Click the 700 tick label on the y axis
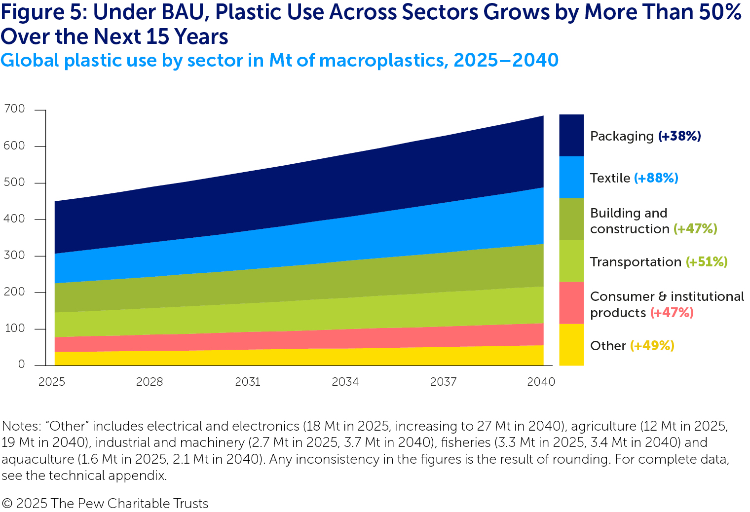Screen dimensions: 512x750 (14, 109)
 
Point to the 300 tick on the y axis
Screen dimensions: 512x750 (14, 255)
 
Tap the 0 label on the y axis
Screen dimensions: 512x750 (21, 364)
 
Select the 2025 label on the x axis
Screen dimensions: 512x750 (52, 382)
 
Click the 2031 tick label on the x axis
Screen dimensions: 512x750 (247, 382)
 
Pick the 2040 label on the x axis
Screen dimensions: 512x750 (541, 382)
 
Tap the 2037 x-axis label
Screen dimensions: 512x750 (443, 382)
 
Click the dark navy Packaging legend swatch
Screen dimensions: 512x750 (571, 136)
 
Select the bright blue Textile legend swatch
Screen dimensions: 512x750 (571, 177)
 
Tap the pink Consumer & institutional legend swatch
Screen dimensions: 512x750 (571, 303)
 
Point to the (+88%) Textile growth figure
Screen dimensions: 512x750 (656, 178)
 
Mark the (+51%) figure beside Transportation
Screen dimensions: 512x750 (707, 262)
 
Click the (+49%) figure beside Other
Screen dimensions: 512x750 (652, 346)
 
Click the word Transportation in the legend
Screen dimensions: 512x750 (636, 262)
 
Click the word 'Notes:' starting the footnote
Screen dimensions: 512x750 (21, 426)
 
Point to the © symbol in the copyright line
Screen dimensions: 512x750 (7, 504)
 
